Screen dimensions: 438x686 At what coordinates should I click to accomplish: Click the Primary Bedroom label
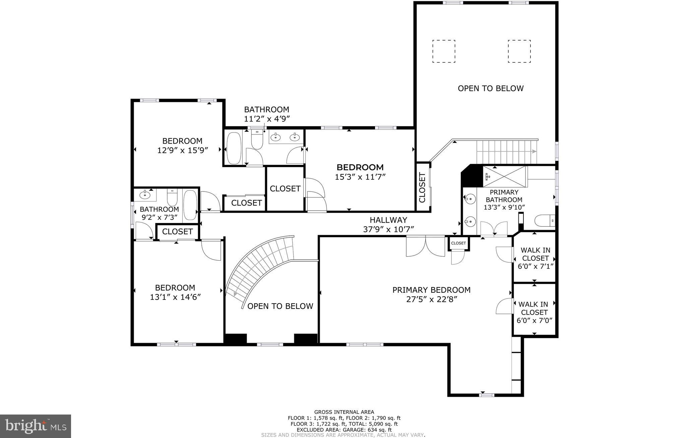click(431, 290)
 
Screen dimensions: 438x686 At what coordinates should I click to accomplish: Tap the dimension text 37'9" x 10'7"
click(388, 229)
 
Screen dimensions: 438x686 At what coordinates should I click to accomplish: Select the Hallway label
click(388, 220)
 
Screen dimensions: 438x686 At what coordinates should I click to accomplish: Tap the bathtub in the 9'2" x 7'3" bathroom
click(190, 205)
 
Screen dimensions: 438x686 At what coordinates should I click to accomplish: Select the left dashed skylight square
click(443, 51)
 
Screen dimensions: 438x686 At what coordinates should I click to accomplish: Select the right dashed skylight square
click(519, 51)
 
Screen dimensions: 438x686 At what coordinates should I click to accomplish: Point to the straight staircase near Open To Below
click(506, 152)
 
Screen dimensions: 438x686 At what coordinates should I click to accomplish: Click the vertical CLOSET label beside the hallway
click(422, 187)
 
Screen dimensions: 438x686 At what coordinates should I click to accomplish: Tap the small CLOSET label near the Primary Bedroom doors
click(458, 243)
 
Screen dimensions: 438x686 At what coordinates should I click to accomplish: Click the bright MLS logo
click(36, 426)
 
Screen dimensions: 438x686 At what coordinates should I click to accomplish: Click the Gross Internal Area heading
click(344, 412)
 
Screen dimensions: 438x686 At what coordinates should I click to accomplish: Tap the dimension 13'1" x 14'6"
click(175, 297)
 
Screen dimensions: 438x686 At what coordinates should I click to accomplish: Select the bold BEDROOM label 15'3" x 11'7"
click(360, 167)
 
